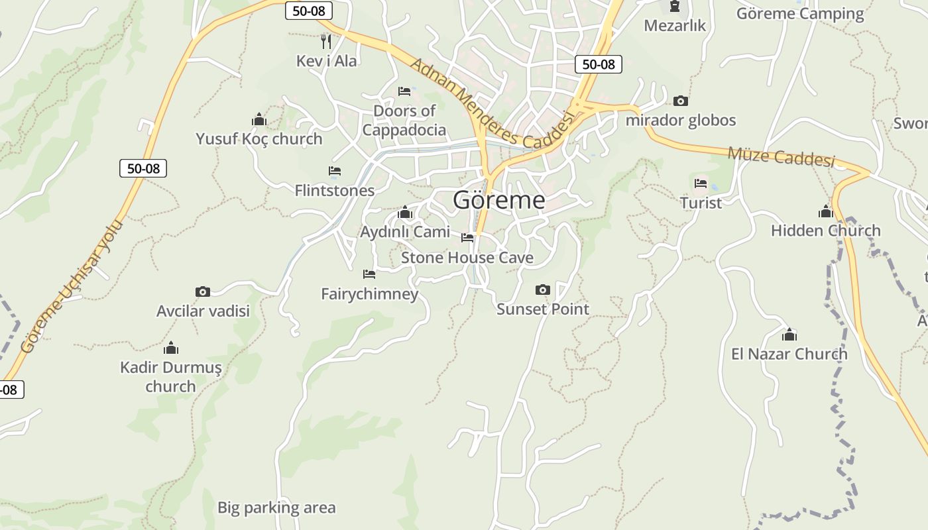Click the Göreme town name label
[499, 200]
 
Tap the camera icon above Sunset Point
[542, 290]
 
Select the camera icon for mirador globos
[680, 101]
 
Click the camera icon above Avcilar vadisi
[203, 291]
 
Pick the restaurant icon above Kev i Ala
[325, 42]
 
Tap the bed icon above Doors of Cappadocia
[404, 91]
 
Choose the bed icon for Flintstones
[335, 171]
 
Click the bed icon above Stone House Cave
[467, 238]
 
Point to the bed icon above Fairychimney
[369, 274]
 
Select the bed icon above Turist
[701, 184]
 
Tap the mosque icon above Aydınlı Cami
[405, 213]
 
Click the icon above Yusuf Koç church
[259, 120]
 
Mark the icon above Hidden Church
[825, 212]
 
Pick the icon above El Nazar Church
[789, 335]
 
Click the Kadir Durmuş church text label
[171, 376]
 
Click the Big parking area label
[276, 508]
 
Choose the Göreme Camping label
[800, 14]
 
